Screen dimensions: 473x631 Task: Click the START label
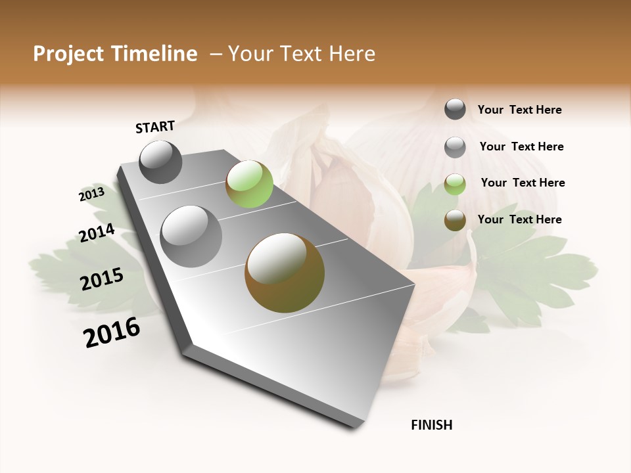coord(155,126)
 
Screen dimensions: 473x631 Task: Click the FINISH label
coord(432,425)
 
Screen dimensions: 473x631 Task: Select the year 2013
coord(91,194)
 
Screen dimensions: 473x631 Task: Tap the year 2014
coord(97,233)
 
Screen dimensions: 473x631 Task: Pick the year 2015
coord(102,279)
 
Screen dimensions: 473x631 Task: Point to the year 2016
coord(112,332)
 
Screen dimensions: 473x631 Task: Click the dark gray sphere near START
coord(161,162)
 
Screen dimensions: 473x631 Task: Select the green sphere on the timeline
coord(249,184)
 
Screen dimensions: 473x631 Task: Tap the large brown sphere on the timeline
coord(285,273)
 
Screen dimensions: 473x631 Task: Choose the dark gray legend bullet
coord(455,109)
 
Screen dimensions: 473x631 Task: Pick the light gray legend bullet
coord(455,147)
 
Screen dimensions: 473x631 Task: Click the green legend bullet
coord(455,184)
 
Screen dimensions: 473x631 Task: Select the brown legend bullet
coord(455,220)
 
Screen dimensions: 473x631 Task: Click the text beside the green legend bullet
coord(523,183)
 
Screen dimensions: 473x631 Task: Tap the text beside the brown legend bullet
coord(520,219)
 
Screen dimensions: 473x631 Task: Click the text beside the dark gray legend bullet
coord(520,110)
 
